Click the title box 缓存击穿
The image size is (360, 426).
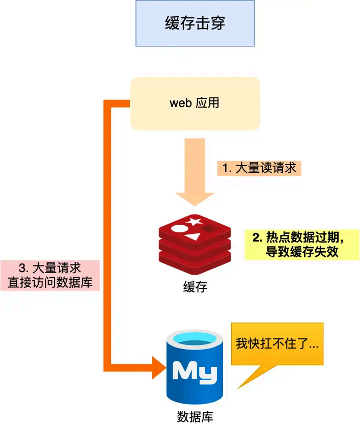[x=195, y=23]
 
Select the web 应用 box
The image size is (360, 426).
[x=195, y=103]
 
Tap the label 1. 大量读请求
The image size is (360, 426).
[x=259, y=168]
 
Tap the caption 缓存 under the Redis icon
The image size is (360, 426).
[x=195, y=286]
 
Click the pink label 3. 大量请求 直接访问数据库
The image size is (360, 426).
[x=50, y=275]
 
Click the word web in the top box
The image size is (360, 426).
[x=180, y=103]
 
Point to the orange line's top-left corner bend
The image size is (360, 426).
[x=107, y=103]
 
